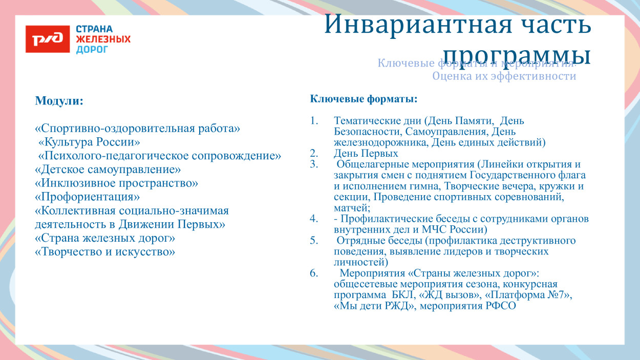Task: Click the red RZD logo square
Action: point(48,39)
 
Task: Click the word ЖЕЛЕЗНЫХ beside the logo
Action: point(103,39)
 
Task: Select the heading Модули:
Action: point(59,101)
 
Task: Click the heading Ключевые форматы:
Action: point(364,98)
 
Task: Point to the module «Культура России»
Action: point(89,141)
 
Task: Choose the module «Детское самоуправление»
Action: point(108,169)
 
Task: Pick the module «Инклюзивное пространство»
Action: point(116,183)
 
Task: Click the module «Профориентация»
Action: point(87,197)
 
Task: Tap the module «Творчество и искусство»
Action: point(105,252)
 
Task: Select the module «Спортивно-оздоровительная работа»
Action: point(137,128)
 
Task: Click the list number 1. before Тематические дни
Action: point(314,121)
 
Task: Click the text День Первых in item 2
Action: point(366,153)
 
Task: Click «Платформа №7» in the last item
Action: point(528,295)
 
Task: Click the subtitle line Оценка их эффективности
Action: point(504,76)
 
